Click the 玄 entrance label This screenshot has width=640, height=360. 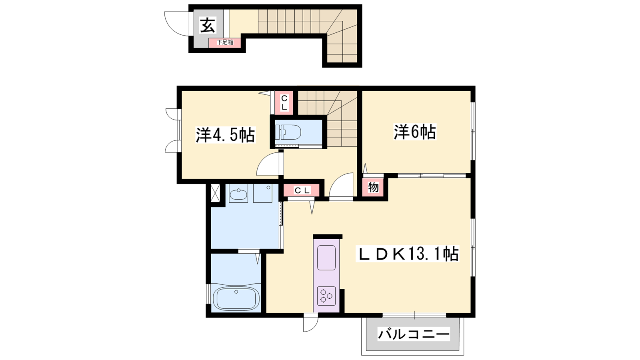(208, 25)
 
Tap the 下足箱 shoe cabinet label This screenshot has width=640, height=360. (225, 42)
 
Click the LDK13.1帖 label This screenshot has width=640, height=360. (408, 254)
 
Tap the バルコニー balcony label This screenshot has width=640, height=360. (414, 334)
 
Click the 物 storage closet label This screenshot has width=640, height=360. (373, 188)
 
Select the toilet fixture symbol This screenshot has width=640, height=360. (288, 133)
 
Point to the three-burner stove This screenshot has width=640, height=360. (326, 296)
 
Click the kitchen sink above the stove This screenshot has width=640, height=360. (326, 258)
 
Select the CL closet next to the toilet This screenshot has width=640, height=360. (284, 103)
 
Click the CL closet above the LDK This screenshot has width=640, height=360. (302, 190)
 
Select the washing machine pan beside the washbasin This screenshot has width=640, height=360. (262, 194)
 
